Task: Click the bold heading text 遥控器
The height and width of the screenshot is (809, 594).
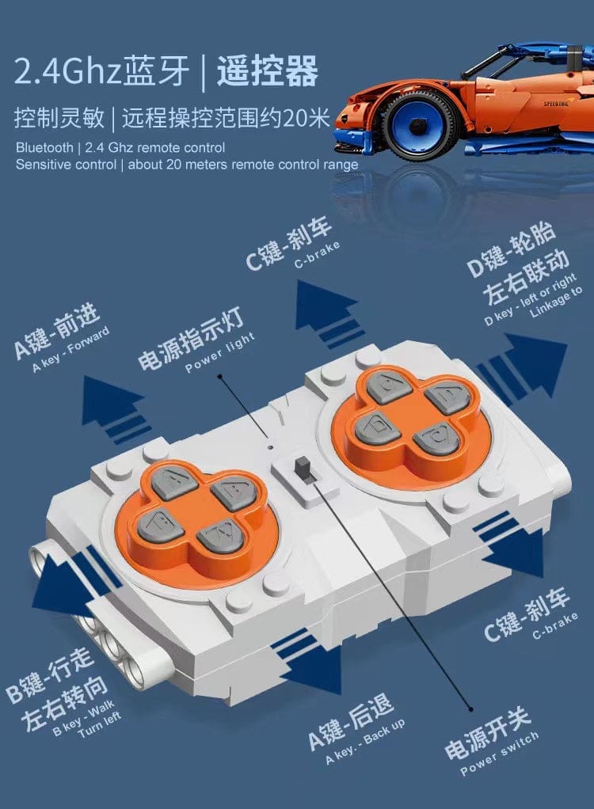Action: [267, 71]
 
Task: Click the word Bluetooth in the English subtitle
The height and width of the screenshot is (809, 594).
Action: [44, 147]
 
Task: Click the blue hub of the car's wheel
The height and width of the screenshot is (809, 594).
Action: [417, 125]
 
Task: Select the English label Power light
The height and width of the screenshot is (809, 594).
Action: [220, 352]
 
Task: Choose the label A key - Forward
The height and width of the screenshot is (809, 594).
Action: [71, 349]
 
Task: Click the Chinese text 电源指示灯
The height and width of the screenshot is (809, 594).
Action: [190, 338]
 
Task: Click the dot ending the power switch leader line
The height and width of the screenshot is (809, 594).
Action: [470, 709]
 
